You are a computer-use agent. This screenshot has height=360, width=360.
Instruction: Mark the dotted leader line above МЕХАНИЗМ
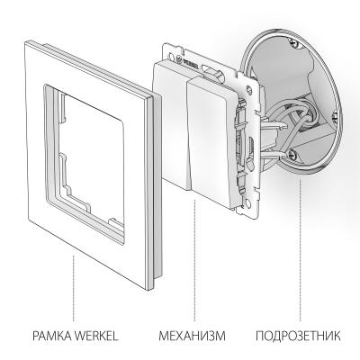point(192,288)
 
